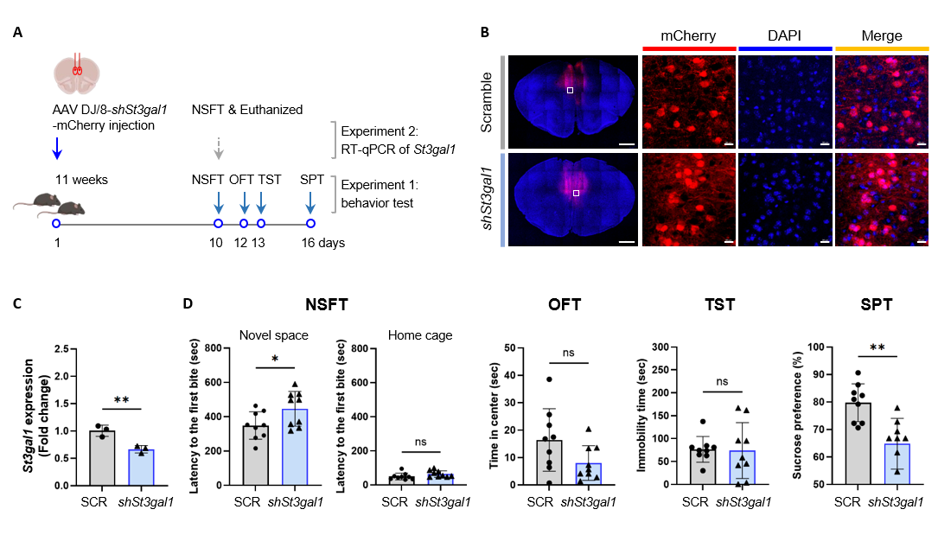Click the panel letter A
click(18, 33)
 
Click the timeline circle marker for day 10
click(218, 223)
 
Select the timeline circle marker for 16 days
click(310, 223)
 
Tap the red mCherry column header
click(688, 36)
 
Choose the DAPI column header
click(785, 36)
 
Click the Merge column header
click(882, 36)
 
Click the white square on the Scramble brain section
click(570, 90)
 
